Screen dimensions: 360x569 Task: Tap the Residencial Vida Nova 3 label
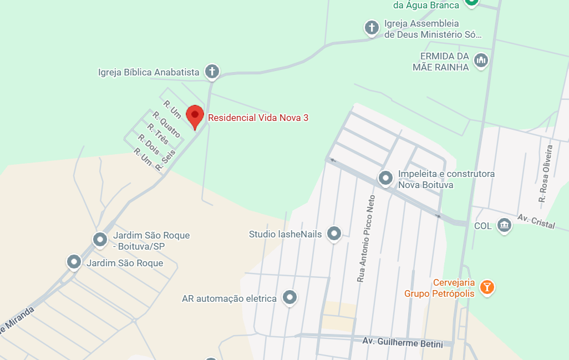click(258, 118)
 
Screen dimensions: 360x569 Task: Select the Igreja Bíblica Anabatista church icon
click(211, 72)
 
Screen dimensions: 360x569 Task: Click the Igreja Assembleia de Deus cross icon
click(371, 27)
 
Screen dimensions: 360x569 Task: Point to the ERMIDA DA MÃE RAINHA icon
click(481, 60)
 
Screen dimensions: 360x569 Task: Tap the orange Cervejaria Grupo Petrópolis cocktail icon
click(487, 286)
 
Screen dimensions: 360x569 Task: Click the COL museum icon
click(504, 225)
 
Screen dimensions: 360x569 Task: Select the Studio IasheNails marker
click(333, 234)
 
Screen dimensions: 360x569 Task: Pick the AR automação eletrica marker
click(289, 298)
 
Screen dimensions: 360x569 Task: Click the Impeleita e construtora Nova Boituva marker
click(385, 178)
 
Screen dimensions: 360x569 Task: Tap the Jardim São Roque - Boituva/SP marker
click(100, 240)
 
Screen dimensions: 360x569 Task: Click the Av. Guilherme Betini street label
click(403, 342)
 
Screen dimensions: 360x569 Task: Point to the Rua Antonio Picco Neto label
click(366, 239)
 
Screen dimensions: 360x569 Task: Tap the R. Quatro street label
click(166, 125)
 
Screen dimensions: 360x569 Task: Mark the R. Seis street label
click(165, 159)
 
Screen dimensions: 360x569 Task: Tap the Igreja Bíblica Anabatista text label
click(149, 72)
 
